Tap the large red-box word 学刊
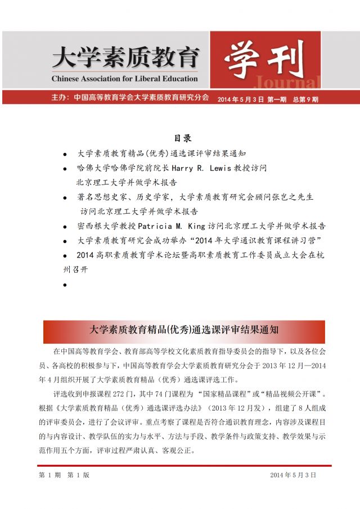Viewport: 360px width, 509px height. (264, 58)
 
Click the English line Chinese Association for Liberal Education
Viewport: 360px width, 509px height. (124, 78)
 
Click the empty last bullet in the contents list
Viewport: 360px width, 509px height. (65, 285)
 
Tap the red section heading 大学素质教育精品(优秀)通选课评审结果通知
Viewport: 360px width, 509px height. (184, 330)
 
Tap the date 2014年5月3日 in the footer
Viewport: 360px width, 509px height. (293, 475)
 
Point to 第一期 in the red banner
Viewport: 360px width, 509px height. (276, 98)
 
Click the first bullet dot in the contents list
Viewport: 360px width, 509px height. (65, 153)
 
